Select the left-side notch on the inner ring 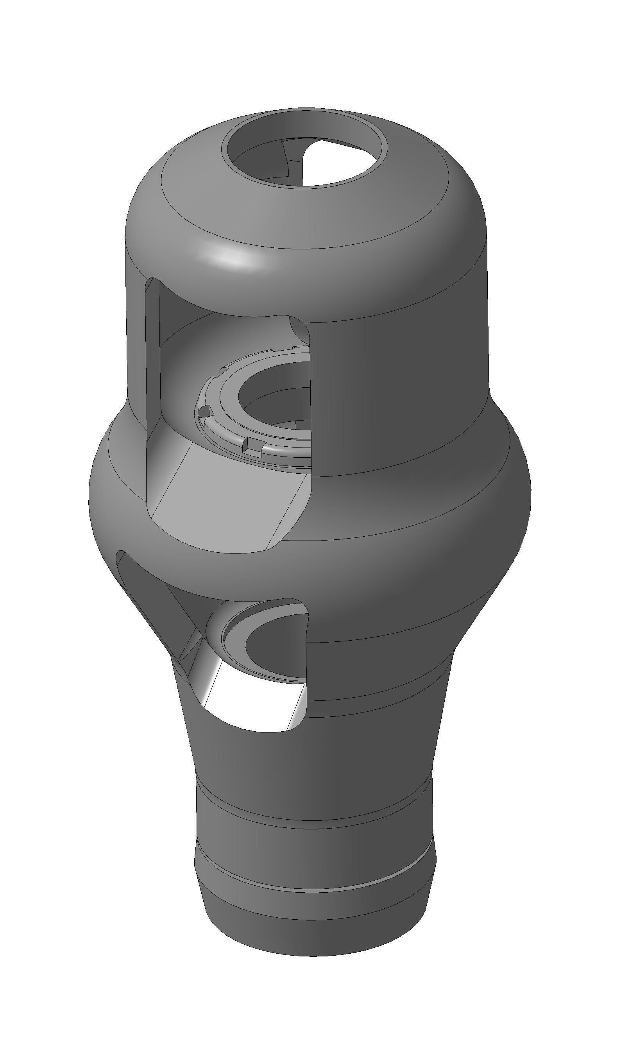[204, 411]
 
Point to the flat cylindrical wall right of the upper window [397, 397]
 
